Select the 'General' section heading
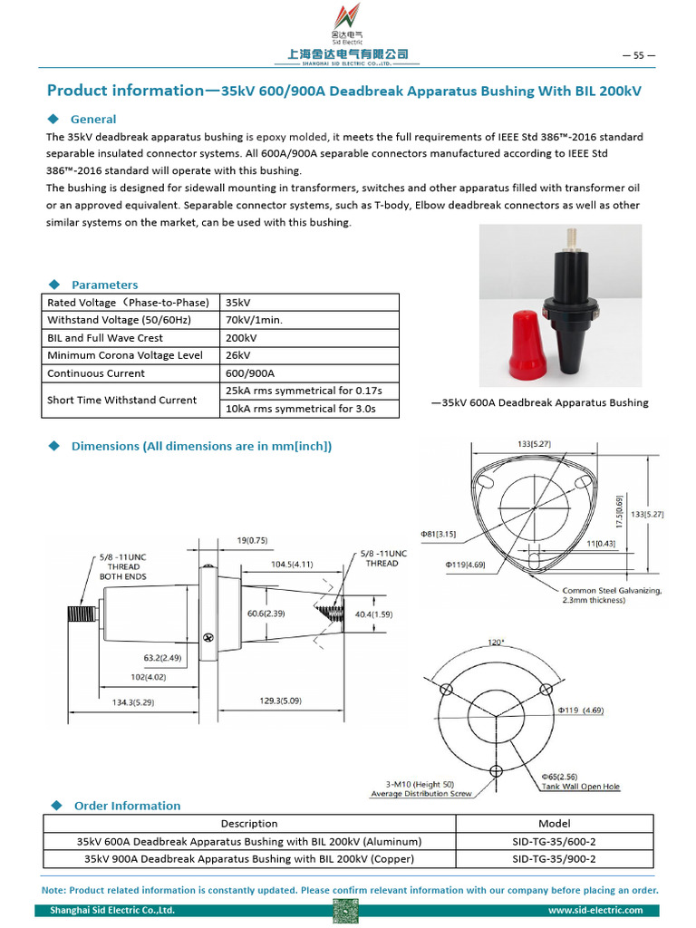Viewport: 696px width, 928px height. coord(92,119)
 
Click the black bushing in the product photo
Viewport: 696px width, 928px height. coord(569,308)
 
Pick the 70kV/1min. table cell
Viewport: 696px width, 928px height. coord(254,320)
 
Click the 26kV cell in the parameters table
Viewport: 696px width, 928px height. coord(238,355)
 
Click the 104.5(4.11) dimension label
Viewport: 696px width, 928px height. coord(292,564)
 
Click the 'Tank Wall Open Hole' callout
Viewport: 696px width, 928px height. coord(580,787)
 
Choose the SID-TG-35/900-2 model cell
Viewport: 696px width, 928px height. coord(554,859)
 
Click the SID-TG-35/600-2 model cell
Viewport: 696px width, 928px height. coord(554,841)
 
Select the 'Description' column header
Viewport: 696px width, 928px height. coord(249,824)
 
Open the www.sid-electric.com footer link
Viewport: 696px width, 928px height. coord(595,910)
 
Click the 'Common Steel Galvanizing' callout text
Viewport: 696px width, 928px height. coord(612,591)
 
